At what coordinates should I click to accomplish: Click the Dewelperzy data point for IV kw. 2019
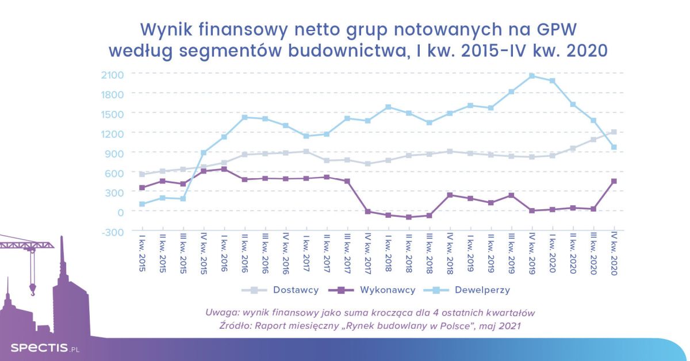click(532, 76)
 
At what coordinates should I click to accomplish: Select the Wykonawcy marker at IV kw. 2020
click(614, 181)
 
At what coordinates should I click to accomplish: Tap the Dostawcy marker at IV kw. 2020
click(614, 132)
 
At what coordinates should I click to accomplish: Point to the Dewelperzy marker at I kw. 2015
click(142, 204)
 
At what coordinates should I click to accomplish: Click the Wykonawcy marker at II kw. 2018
click(409, 217)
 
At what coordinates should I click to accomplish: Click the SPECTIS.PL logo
click(43, 348)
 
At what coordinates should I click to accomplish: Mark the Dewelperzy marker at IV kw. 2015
click(204, 153)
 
